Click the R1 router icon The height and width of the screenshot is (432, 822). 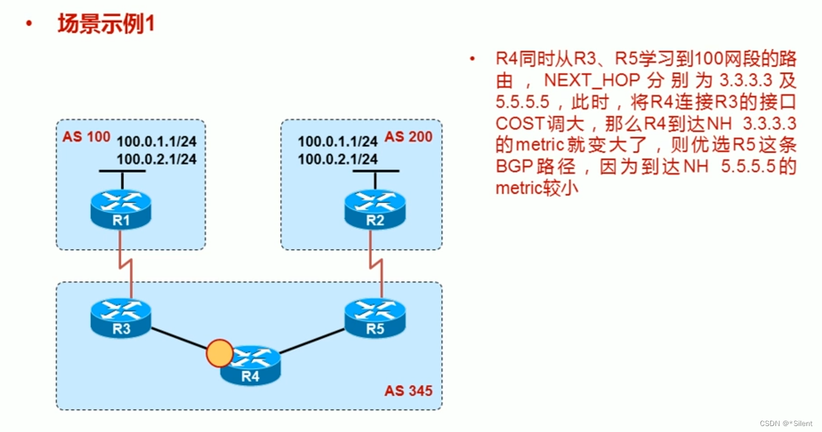(x=122, y=209)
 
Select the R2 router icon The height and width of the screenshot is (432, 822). (x=375, y=209)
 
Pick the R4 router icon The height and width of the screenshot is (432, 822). (x=250, y=365)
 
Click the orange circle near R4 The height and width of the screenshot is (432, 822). (x=218, y=353)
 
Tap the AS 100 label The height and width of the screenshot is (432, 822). (x=86, y=136)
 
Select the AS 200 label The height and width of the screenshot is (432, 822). (x=409, y=136)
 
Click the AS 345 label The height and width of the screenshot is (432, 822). (x=409, y=391)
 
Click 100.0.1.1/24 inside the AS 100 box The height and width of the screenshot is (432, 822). (x=156, y=142)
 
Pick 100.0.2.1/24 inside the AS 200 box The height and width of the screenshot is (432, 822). (x=338, y=159)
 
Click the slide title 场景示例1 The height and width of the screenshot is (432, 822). (x=106, y=24)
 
